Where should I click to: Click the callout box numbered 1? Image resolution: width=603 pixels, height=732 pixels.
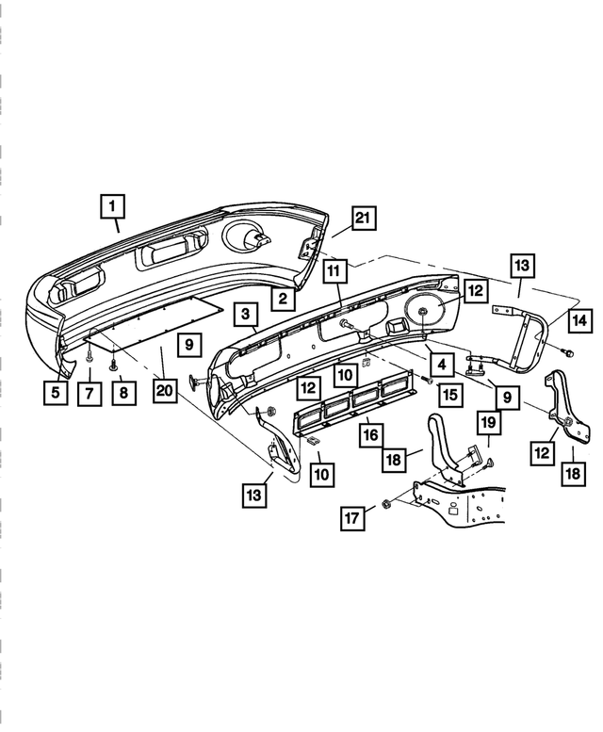(111, 204)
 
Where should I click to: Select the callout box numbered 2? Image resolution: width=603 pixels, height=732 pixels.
(281, 300)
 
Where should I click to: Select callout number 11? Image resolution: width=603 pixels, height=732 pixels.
(332, 270)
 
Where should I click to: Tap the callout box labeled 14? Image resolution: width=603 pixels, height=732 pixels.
(579, 320)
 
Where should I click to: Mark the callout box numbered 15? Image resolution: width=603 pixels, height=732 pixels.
(450, 395)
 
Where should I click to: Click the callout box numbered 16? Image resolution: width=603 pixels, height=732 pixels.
(370, 434)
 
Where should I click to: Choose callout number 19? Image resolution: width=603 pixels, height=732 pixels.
(488, 423)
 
